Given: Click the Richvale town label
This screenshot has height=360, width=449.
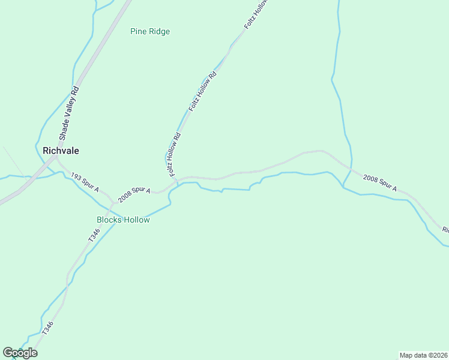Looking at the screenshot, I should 61,151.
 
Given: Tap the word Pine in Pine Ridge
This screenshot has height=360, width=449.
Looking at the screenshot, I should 139,31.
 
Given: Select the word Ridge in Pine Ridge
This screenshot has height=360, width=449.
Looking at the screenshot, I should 159,31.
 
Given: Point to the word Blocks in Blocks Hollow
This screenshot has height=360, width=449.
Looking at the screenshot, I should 109,220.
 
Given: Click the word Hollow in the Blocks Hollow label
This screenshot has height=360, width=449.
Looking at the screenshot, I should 136,220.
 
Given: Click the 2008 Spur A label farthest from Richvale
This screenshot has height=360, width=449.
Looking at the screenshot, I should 379,183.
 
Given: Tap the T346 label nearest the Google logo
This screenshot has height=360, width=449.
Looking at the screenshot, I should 49,328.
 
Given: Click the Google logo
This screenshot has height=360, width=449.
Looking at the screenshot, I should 20,353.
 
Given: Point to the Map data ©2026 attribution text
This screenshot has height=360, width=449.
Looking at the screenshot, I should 424,355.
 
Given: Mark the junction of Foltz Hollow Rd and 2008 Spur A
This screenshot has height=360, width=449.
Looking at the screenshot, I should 177,180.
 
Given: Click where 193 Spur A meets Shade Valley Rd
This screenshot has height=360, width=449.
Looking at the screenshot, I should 55,158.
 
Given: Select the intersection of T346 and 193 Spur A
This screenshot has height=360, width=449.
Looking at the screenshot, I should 112,202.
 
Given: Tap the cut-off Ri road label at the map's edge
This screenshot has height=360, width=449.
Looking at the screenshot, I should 445,230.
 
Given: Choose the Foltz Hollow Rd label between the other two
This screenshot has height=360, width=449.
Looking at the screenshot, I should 202,92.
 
